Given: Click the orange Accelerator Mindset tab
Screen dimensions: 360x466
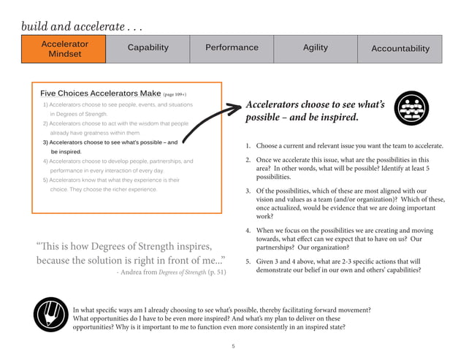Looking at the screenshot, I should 65,49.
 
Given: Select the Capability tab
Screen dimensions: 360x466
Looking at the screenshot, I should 148,48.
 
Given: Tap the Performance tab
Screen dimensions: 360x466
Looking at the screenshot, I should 232,48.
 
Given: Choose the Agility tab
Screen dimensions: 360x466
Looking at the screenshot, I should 316,48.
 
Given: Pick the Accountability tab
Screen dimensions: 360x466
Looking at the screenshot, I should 400,49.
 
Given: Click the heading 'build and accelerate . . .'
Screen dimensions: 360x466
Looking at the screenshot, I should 81,26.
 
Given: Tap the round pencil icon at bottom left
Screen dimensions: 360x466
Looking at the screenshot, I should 51,316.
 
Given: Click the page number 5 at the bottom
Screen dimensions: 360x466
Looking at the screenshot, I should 232,345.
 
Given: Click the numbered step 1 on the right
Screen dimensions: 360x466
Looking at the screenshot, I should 343,146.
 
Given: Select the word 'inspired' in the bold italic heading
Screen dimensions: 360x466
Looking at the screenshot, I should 335,118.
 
